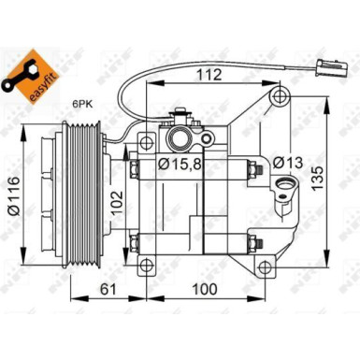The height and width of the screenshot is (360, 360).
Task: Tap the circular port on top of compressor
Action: click(x=178, y=137)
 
